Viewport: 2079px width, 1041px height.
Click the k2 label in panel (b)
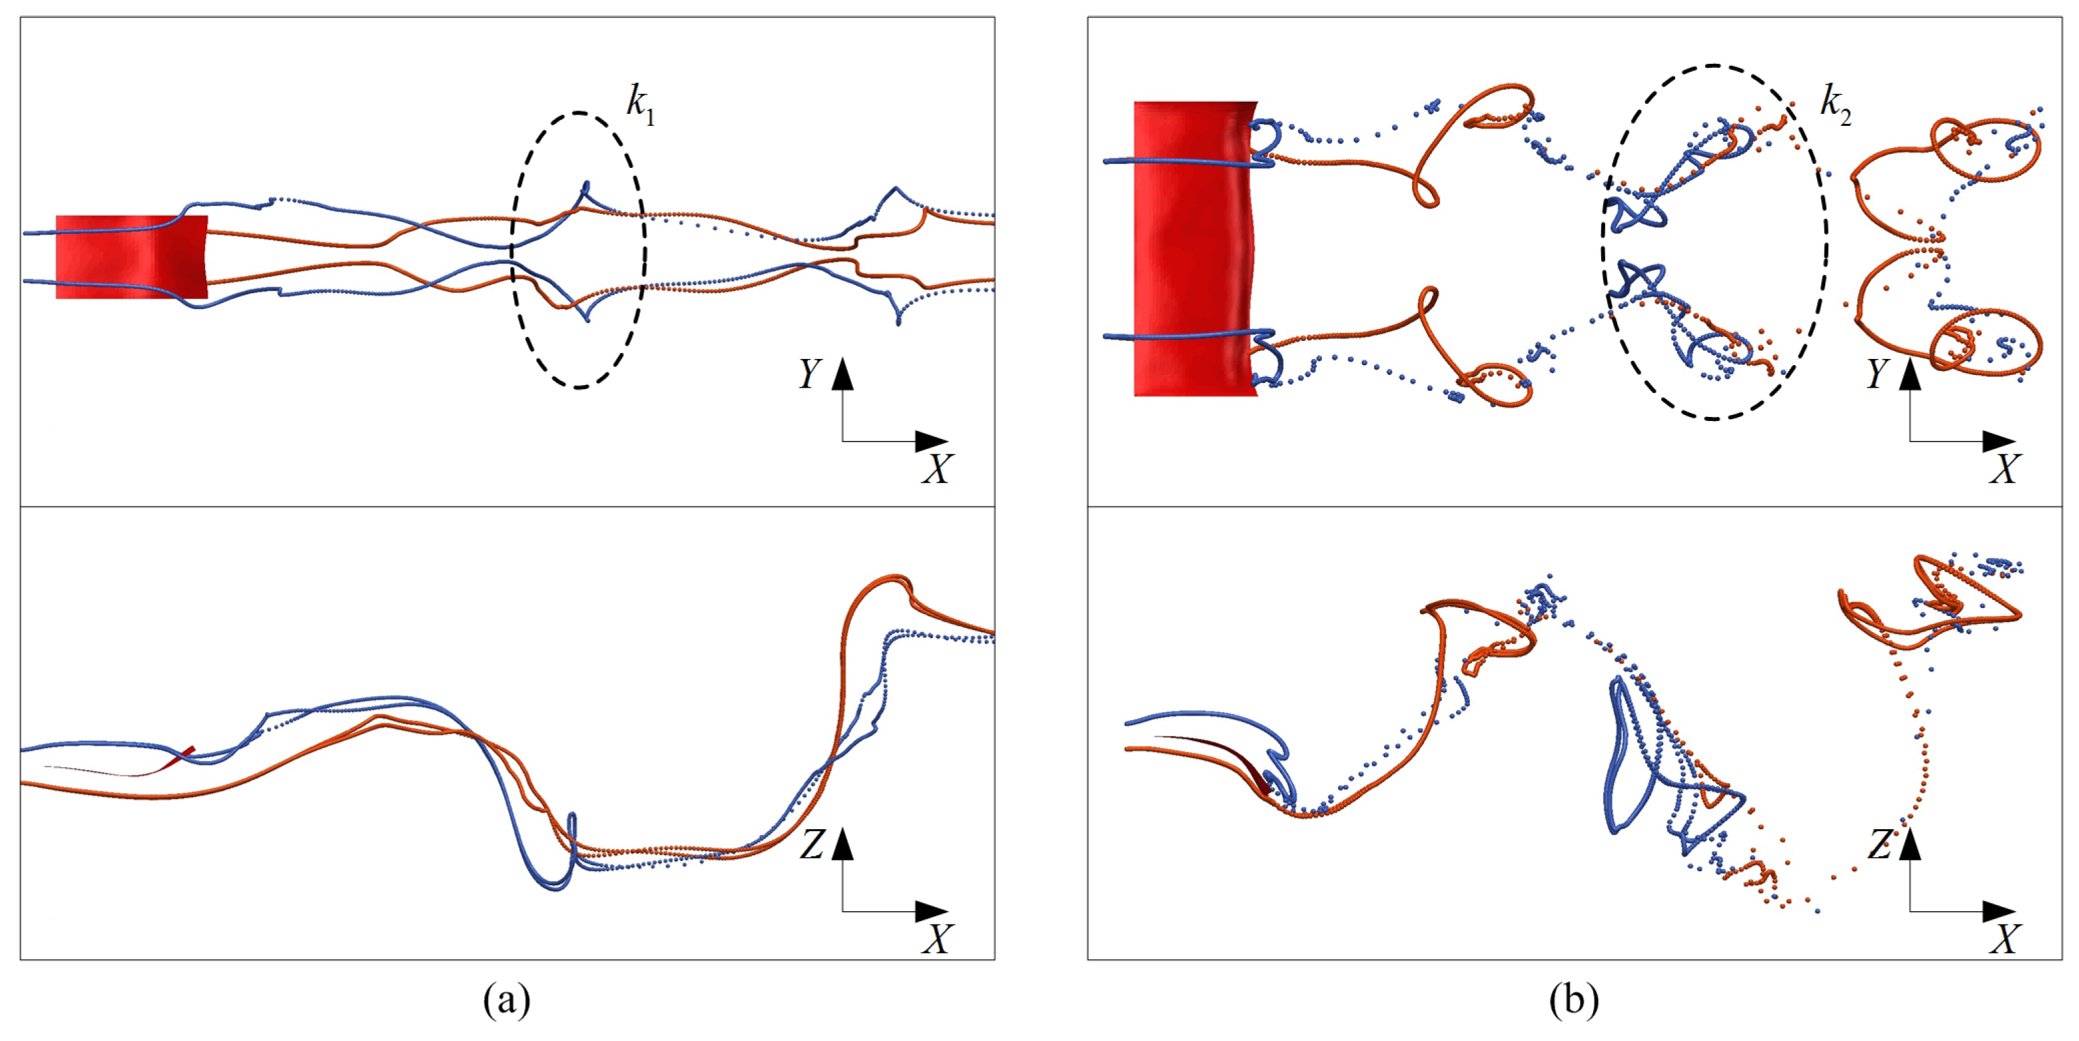click(1834, 105)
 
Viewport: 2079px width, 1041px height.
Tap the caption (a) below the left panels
click(507, 1000)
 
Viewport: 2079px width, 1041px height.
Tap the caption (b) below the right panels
click(1574, 1000)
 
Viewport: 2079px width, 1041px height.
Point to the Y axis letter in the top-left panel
click(810, 374)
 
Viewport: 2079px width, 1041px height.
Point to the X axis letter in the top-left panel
click(937, 469)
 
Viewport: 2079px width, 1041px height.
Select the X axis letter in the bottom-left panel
click(937, 939)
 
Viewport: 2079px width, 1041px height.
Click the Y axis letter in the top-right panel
click(1877, 374)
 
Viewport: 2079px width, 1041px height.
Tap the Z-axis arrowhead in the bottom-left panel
click(842, 843)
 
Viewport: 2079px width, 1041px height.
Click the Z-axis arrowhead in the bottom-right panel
click(1910, 843)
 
